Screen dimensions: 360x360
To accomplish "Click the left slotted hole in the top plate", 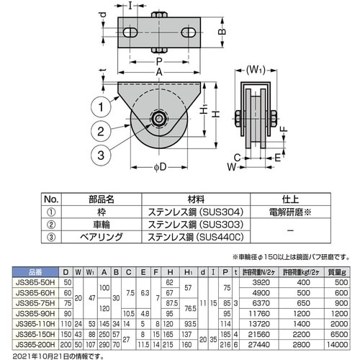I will click(x=130, y=33).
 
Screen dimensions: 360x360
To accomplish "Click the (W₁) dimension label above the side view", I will click(x=254, y=71).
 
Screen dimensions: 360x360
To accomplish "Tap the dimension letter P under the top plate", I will click(x=158, y=61).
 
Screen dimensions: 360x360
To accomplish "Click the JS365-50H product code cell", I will click(x=37, y=282).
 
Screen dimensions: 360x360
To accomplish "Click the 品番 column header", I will click(x=37, y=272).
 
